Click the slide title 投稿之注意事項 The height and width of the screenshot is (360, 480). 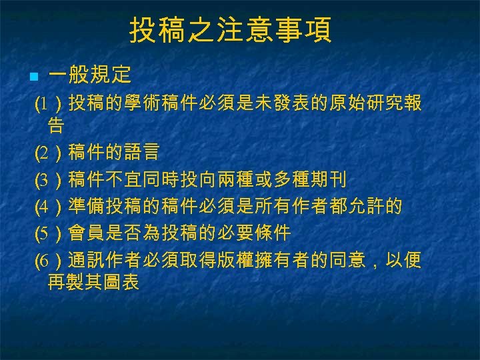[230, 31]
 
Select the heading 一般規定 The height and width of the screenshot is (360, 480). [89, 75]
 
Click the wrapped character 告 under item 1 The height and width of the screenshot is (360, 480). [56, 125]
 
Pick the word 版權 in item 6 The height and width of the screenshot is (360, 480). [246, 259]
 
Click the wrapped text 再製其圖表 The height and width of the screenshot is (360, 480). [93, 281]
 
